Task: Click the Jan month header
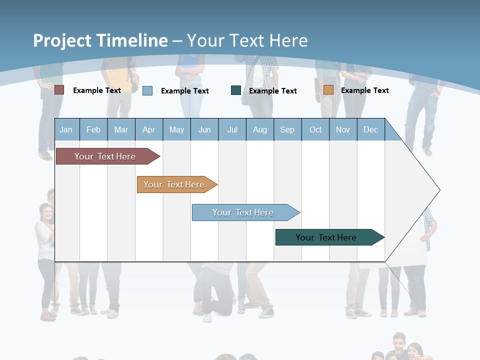coord(66,129)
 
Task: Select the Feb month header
coord(93,129)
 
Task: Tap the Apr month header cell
coord(149,129)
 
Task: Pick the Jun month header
coord(204,129)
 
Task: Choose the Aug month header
coord(260,129)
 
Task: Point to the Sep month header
coord(287,129)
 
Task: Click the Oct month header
coord(315,129)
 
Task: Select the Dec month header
coord(371,129)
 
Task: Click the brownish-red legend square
coord(59,90)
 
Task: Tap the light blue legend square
coord(147,90)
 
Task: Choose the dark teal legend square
coord(236,90)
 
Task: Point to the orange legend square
coord(328,90)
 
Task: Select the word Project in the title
coord(62,40)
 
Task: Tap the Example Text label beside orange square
coord(364,90)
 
